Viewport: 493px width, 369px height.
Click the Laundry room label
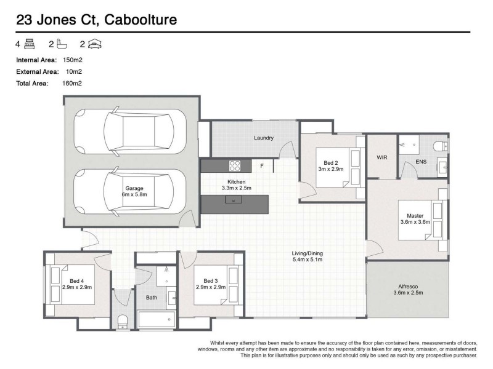pos(263,138)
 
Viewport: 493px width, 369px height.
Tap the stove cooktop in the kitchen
pos(235,165)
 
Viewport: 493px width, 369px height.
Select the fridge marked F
pos(261,166)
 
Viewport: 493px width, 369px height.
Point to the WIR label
pos(382,157)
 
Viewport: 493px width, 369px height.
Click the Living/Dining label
pos(307,253)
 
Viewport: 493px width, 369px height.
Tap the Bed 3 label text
pos(211,281)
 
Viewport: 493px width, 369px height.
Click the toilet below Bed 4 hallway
pos(122,321)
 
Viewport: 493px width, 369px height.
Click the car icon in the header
pos(95,44)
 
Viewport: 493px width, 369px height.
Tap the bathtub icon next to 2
pos(61,44)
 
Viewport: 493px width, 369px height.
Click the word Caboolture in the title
pos(141,20)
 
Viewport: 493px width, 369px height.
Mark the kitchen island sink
pos(235,200)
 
